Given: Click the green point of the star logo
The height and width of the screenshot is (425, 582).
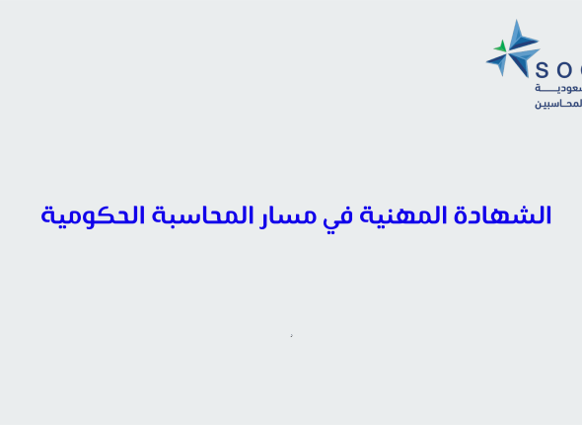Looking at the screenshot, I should [501, 45].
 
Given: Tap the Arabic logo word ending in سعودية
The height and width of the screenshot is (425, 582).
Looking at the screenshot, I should [558, 88].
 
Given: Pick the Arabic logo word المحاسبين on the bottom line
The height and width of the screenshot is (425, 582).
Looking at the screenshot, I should [558, 103].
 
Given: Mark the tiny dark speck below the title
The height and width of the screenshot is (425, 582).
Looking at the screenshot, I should [291, 336].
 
